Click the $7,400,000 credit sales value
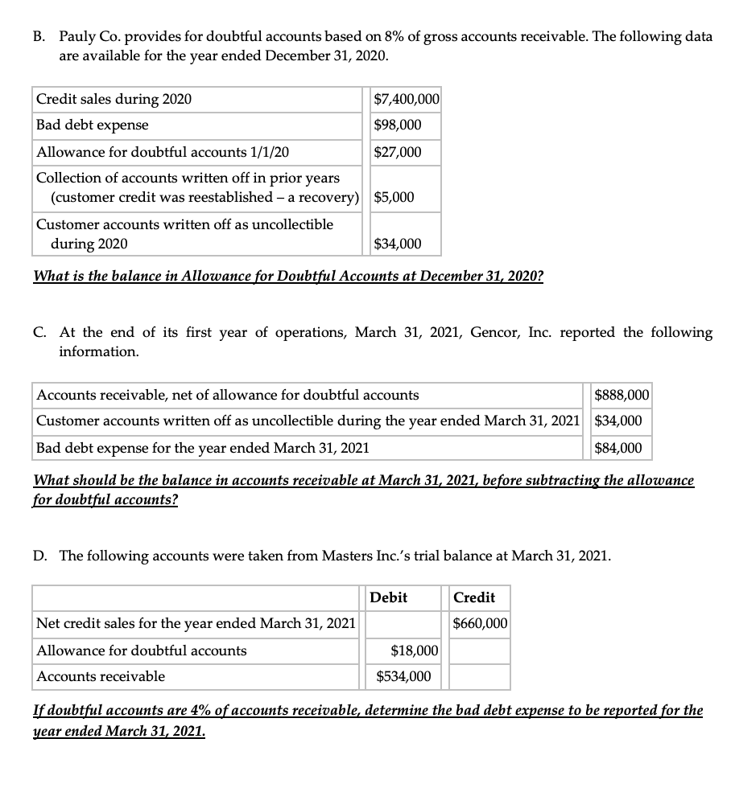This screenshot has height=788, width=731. click(407, 100)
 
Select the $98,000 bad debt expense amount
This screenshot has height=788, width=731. click(398, 125)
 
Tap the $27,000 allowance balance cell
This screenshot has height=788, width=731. click(398, 152)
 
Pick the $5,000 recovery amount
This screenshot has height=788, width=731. click(394, 197)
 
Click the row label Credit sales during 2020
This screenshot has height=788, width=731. click(114, 100)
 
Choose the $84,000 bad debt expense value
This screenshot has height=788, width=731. click(617, 448)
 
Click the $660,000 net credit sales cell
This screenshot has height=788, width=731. click(480, 623)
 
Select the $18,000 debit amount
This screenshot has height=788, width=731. click(414, 650)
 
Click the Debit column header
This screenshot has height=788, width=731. click(389, 597)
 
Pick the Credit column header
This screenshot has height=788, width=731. click(474, 597)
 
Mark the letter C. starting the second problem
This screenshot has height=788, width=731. click(41, 332)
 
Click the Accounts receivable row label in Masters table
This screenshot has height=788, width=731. click(101, 676)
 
